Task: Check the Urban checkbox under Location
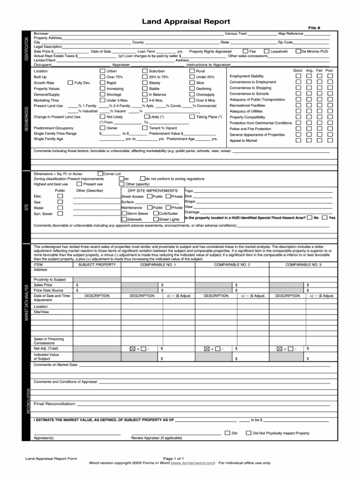[102, 71]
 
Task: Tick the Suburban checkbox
[145, 71]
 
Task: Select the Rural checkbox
[192, 71]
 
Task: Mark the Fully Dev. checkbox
[70, 83]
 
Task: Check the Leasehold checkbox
[266, 51]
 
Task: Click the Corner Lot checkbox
[99, 174]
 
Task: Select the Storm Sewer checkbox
[124, 213]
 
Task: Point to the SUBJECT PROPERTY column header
[97, 265]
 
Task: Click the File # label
[314, 28]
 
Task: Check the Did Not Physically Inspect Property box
[248, 433]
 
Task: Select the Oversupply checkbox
[192, 94]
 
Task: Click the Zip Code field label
[285, 42]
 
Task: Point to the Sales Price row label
[43, 285]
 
